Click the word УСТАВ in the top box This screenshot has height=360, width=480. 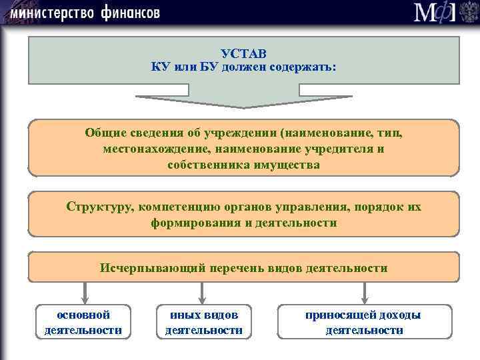click(x=243, y=54)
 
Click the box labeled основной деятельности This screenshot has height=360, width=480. click(x=83, y=322)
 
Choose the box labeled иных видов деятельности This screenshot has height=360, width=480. click(x=203, y=322)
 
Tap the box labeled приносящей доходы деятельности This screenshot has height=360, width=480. click(x=364, y=322)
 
